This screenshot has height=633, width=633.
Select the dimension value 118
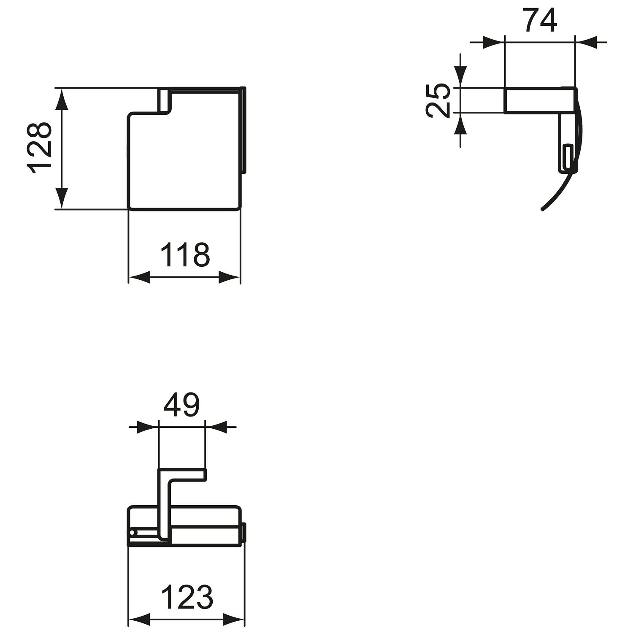[x=185, y=255]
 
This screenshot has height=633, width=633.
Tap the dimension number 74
[x=541, y=20]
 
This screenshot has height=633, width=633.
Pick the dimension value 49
[x=181, y=405]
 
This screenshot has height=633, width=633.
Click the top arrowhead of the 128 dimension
[x=62, y=100]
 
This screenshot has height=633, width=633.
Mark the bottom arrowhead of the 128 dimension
[x=62, y=197]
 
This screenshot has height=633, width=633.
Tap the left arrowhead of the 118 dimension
[x=139, y=277]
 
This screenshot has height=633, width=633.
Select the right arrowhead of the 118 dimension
[x=229, y=277]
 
